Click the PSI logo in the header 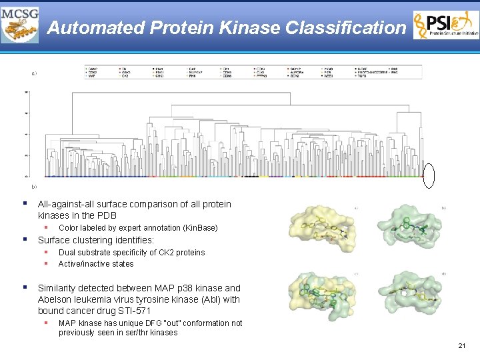pos(445,25)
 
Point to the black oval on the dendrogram pos(429,176)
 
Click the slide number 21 pos(462,345)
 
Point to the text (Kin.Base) pos(199,228)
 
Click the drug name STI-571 pos(133,311)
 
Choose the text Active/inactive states pos(96,263)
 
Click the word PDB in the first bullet pos(107,215)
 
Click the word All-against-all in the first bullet pos(67,204)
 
